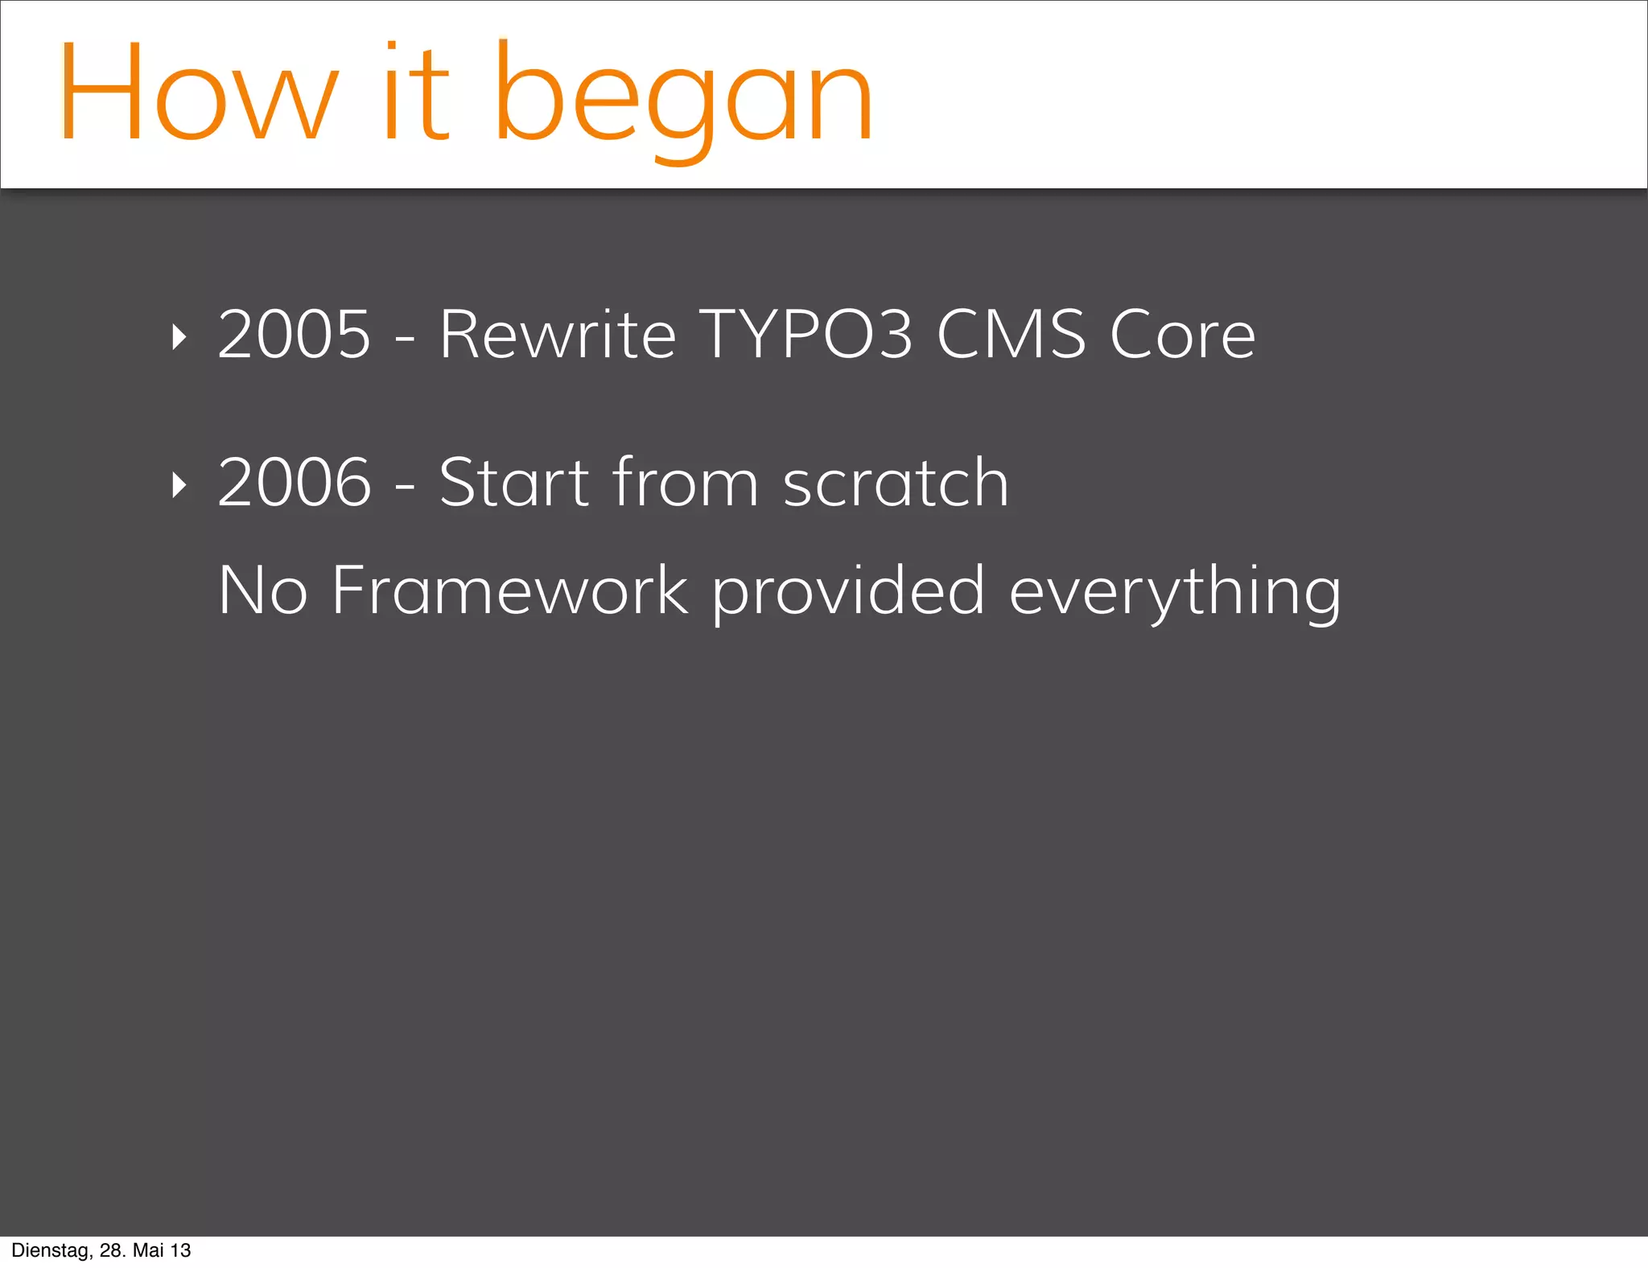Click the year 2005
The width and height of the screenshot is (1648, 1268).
click(295, 335)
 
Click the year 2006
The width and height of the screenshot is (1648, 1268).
click(295, 483)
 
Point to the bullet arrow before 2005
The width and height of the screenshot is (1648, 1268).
click(179, 337)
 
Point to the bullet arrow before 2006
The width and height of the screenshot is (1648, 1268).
click(179, 484)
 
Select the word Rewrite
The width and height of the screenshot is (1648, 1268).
click(558, 335)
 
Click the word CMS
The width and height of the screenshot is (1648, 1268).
click(1011, 335)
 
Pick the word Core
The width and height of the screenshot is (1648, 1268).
click(1182, 335)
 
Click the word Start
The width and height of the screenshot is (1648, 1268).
click(514, 483)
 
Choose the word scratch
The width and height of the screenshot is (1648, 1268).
click(896, 483)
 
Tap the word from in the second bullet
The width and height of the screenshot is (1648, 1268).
click(686, 483)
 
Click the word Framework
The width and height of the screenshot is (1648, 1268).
click(510, 591)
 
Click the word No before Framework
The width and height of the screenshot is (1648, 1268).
click(263, 591)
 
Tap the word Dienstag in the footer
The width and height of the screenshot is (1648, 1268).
click(51, 1250)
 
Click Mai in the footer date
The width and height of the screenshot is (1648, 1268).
click(148, 1250)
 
